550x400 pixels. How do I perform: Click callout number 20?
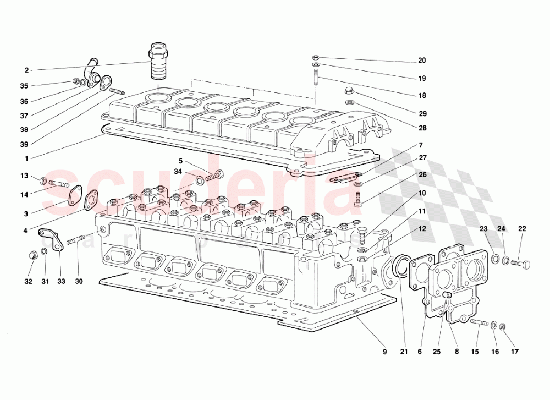pos(422,61)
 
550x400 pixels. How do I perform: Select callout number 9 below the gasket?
pos(385,352)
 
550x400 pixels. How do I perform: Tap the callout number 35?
pos(24,86)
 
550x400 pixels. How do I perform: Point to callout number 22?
pos(522,229)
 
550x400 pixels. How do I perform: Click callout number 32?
pos(29,281)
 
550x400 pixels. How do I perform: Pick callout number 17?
pos(515,352)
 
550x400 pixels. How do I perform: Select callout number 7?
pos(421,145)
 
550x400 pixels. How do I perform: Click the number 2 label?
pos(26,70)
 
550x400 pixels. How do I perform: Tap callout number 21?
pos(404,352)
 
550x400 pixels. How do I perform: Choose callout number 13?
pos(24,176)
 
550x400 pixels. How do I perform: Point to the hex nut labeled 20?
pos(315,57)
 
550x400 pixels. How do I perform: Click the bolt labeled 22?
pos(520,265)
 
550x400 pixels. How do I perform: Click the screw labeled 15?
pos(480,324)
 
